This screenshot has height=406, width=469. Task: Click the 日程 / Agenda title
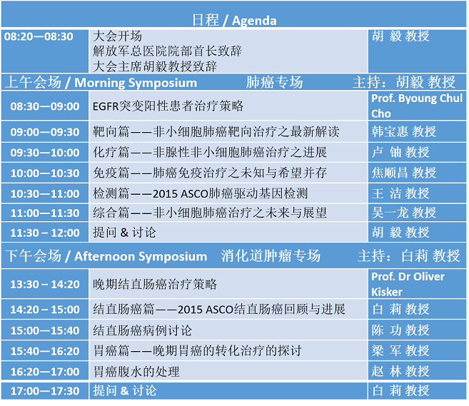point(234,20)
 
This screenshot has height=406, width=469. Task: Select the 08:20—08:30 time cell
point(39,36)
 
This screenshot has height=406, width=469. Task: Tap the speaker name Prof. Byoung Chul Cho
point(417,106)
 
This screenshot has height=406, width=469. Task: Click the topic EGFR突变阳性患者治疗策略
point(168,106)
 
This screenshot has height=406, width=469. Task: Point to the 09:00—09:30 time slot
point(45,132)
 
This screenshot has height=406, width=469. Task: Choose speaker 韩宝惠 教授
point(404,131)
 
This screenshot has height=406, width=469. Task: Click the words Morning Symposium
point(136,83)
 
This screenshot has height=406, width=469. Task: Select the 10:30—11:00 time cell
point(45,194)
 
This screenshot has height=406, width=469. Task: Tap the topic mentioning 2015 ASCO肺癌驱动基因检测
point(200,193)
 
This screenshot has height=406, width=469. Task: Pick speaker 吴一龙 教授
point(404,213)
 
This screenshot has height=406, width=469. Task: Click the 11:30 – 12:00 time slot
point(45,233)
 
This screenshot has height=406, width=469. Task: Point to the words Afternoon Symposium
point(141,257)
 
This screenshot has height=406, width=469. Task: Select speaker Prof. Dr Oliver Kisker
point(408,284)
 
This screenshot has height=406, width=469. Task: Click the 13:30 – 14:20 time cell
point(45,284)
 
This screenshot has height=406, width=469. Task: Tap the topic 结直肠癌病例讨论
point(142,330)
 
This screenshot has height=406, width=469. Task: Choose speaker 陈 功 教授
point(400,330)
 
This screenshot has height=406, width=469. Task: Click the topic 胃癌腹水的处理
point(136,372)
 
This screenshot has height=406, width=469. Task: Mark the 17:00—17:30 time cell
point(45,391)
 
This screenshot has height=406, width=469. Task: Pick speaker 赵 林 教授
point(400,371)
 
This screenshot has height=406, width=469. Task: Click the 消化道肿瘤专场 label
point(271,256)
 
